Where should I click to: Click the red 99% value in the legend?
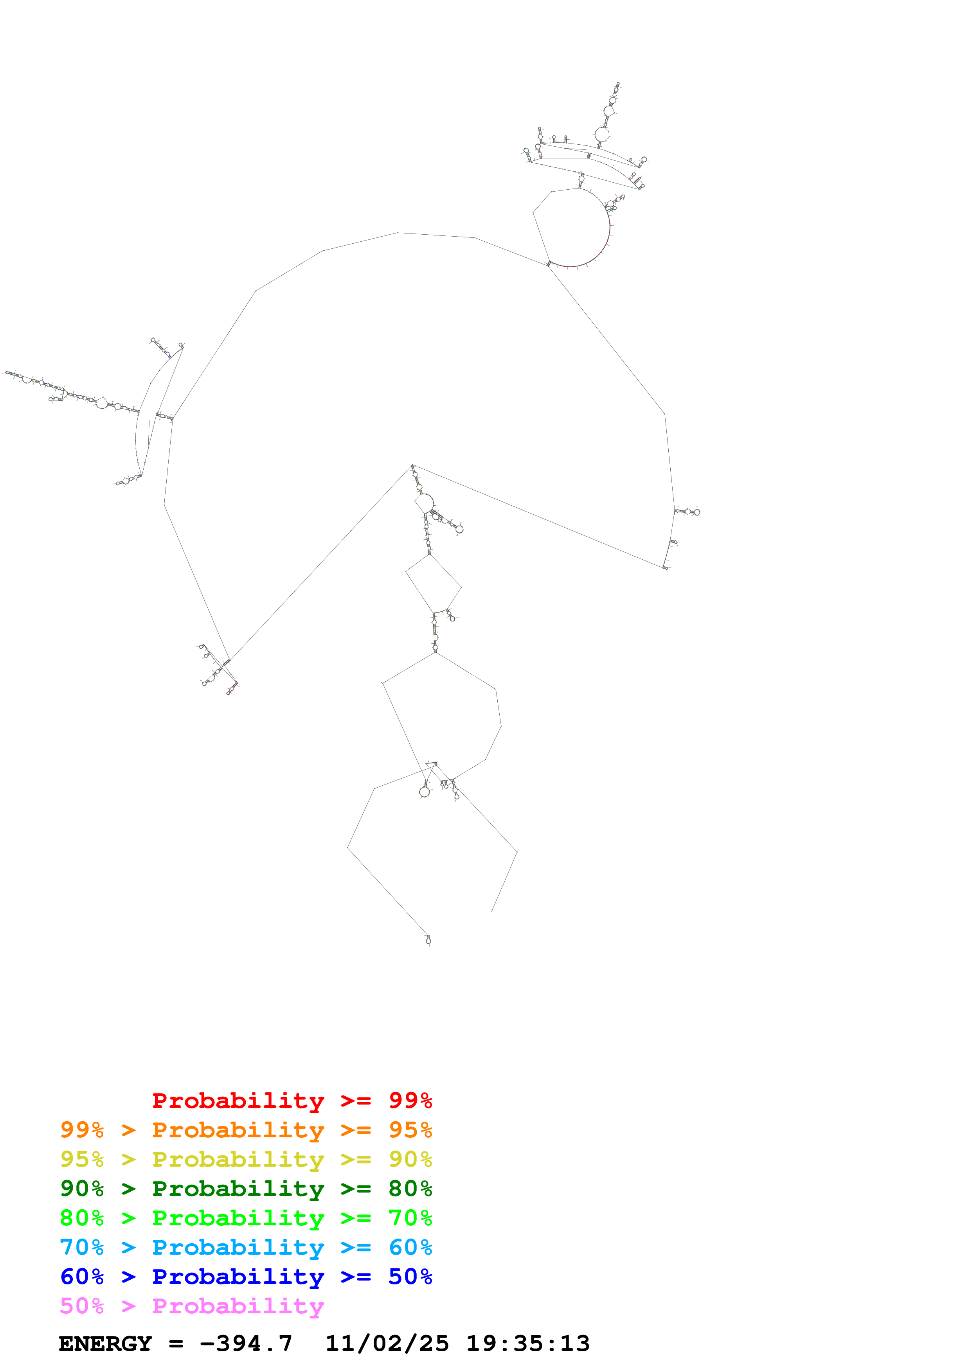(410, 1100)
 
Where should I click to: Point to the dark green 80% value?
(410, 1189)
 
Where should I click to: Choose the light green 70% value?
(410, 1218)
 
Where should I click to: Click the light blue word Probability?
(238, 1247)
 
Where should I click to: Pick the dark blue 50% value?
(410, 1277)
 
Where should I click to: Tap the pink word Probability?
(238, 1306)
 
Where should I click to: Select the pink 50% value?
(82, 1306)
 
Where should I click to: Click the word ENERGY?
(105, 1343)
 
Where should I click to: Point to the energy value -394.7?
(246, 1343)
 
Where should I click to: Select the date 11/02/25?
(387, 1343)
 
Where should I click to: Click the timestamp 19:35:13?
(528, 1343)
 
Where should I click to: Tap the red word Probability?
(238, 1100)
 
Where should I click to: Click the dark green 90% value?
(82, 1189)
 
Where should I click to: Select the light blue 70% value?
(82, 1247)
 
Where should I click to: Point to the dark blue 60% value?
(82, 1277)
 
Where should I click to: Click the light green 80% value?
(82, 1218)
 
